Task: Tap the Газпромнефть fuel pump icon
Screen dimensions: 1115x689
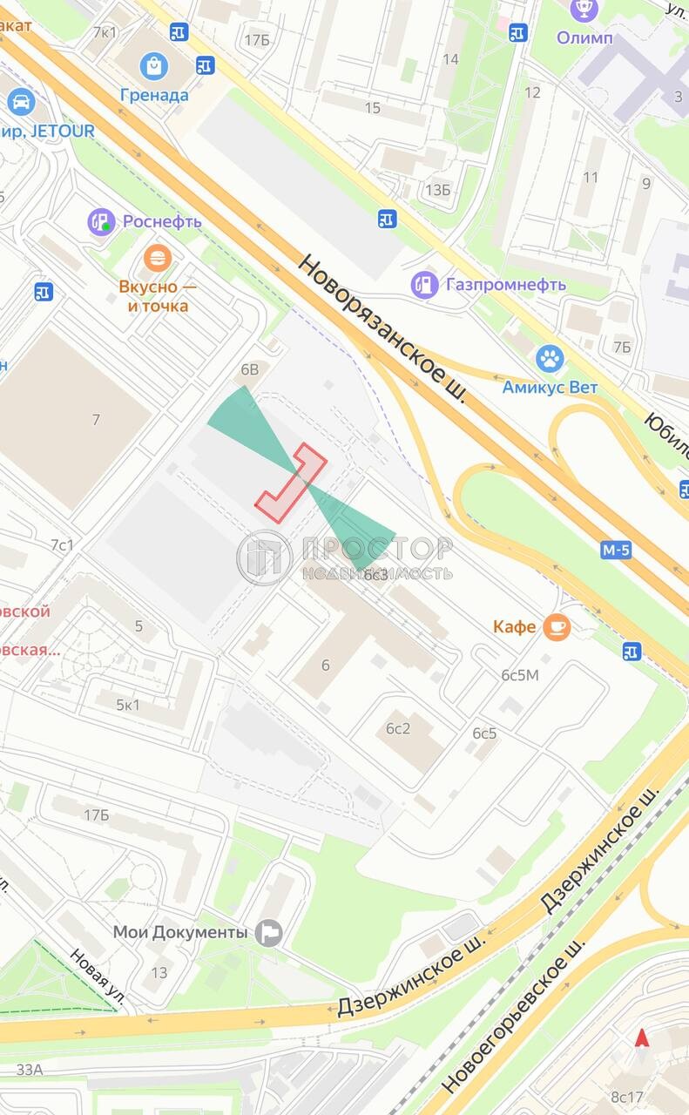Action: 424,284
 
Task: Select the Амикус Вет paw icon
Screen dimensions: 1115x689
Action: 550,358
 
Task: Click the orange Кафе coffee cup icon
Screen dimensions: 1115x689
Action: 557,626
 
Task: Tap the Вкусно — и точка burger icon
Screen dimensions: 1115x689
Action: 157,258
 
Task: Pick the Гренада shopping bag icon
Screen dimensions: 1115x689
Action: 154,65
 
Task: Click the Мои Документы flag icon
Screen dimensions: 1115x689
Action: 269,932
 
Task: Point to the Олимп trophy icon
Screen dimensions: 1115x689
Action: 584,10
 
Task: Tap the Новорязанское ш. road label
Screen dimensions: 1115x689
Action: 382,328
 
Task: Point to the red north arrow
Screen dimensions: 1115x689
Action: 642,1037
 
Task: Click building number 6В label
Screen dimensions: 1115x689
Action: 250,369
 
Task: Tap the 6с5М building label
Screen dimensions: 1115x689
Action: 520,675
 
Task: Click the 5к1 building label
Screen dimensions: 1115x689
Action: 127,705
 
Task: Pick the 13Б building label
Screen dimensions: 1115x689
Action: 438,190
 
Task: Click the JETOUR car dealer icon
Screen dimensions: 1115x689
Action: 20,102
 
